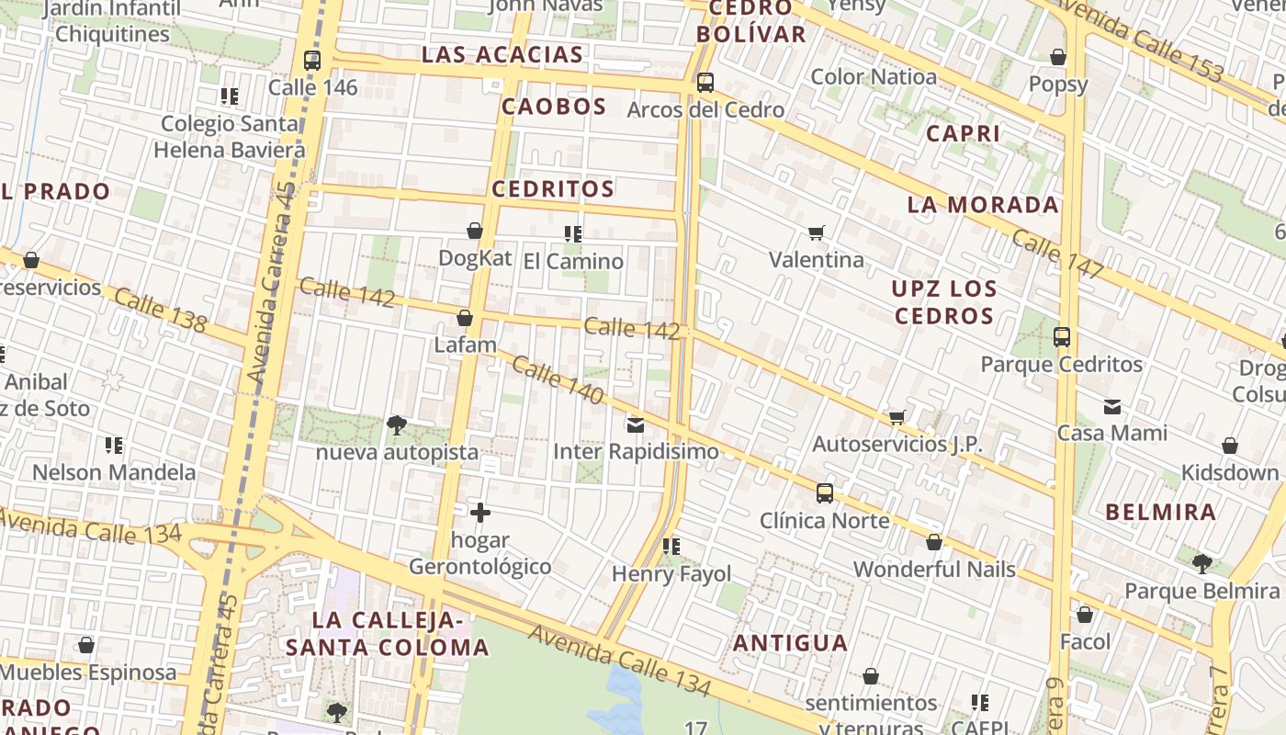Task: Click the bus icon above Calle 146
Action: tap(312, 61)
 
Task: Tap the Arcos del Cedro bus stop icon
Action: tap(705, 83)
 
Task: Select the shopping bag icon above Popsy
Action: tap(1058, 57)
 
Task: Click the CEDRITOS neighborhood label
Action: tap(553, 189)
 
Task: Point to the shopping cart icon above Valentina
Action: tap(817, 232)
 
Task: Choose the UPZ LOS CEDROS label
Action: tap(944, 302)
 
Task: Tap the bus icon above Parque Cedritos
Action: tap(1062, 337)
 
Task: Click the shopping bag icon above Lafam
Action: tap(465, 319)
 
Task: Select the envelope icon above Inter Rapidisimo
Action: tap(636, 424)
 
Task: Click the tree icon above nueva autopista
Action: tap(397, 424)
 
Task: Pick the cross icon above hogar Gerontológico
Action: tap(479, 513)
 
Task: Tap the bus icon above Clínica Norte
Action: tap(825, 493)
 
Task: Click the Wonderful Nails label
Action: tap(934, 569)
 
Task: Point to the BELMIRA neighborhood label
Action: tap(1161, 512)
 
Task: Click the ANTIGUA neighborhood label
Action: tap(790, 642)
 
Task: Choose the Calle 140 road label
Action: tap(558, 380)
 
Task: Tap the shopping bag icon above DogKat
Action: tap(475, 231)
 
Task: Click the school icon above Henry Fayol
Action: tap(671, 547)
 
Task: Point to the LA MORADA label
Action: tap(983, 205)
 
